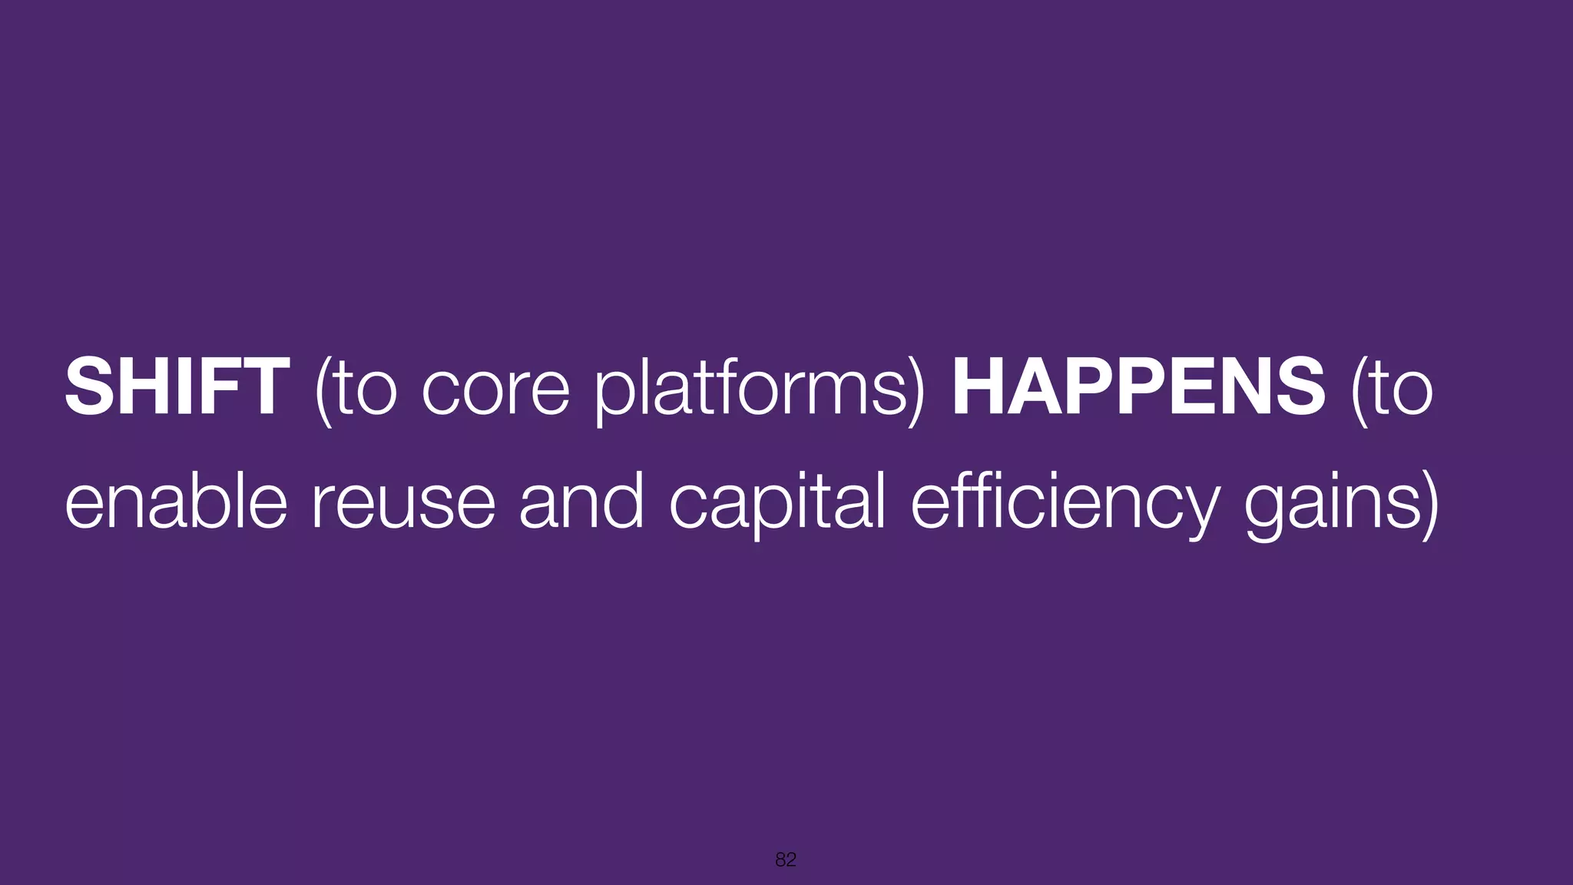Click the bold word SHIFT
tap(177, 388)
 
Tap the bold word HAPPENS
tap(1138, 388)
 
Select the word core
tap(495, 392)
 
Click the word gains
tap(1333, 507)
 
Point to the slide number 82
tap(786, 860)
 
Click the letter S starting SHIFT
tap(86, 388)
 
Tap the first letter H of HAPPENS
tap(977, 388)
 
